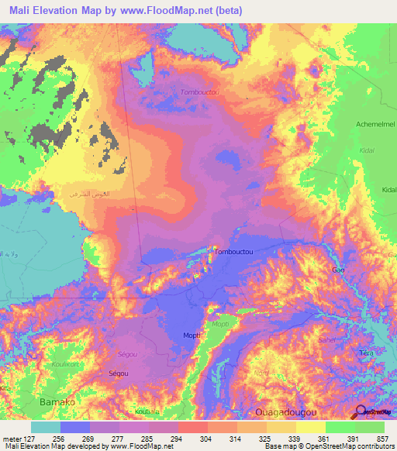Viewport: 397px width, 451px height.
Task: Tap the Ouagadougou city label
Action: coord(288,411)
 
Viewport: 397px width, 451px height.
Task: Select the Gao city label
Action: coord(338,270)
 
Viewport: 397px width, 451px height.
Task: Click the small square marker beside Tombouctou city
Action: coord(214,250)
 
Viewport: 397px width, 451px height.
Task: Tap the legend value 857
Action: coord(375,438)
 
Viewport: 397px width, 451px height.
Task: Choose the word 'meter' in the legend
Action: coord(12,438)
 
